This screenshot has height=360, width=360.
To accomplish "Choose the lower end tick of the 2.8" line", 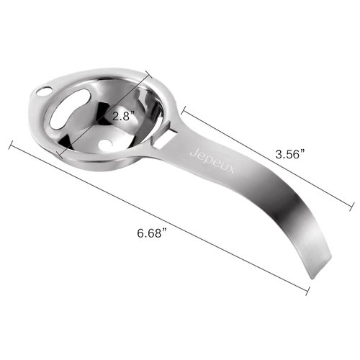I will [60, 154].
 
